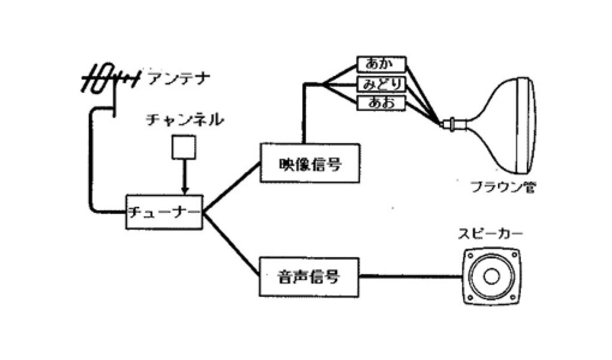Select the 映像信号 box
pyautogui.click(x=310, y=163)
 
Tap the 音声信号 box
pyautogui.click(x=309, y=276)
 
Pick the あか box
pyautogui.click(x=381, y=64)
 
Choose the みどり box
pyautogui.click(x=381, y=83)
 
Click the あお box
pyautogui.click(x=381, y=103)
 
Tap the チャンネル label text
pyautogui.click(x=185, y=120)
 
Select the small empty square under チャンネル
pyautogui.click(x=183, y=147)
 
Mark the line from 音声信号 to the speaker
pyautogui.click(x=411, y=276)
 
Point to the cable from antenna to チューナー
pyautogui.click(x=92, y=161)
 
